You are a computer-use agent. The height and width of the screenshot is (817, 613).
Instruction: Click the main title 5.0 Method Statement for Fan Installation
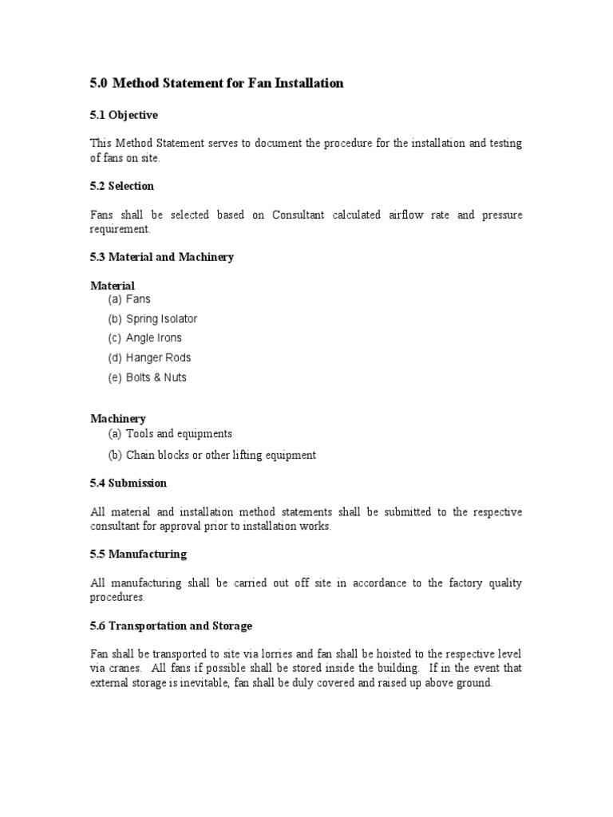[216, 84]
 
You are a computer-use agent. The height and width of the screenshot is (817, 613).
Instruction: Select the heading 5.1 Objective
[124, 115]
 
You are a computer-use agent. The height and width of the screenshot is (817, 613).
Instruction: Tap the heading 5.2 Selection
[121, 186]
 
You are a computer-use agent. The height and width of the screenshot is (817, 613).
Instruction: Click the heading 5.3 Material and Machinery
[161, 257]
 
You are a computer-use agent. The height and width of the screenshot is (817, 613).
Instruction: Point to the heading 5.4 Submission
[128, 483]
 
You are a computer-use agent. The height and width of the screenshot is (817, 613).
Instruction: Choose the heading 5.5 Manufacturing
[138, 554]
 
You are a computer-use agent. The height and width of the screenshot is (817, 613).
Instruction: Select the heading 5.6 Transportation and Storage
[171, 626]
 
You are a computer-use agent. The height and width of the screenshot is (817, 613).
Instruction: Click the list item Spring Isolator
[161, 319]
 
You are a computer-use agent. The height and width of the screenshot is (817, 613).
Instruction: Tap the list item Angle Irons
[154, 338]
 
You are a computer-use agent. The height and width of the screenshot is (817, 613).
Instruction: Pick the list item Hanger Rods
[159, 358]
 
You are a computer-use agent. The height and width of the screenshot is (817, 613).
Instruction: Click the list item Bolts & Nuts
[156, 377]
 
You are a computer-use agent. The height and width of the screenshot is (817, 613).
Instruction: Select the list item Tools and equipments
[179, 434]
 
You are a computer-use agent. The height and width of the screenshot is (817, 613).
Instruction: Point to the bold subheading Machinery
[117, 418]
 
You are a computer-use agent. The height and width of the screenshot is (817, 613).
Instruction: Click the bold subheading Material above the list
[113, 286]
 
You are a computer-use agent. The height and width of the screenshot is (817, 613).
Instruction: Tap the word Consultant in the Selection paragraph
[299, 215]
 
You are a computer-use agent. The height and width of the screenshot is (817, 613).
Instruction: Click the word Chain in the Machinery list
[140, 455]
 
